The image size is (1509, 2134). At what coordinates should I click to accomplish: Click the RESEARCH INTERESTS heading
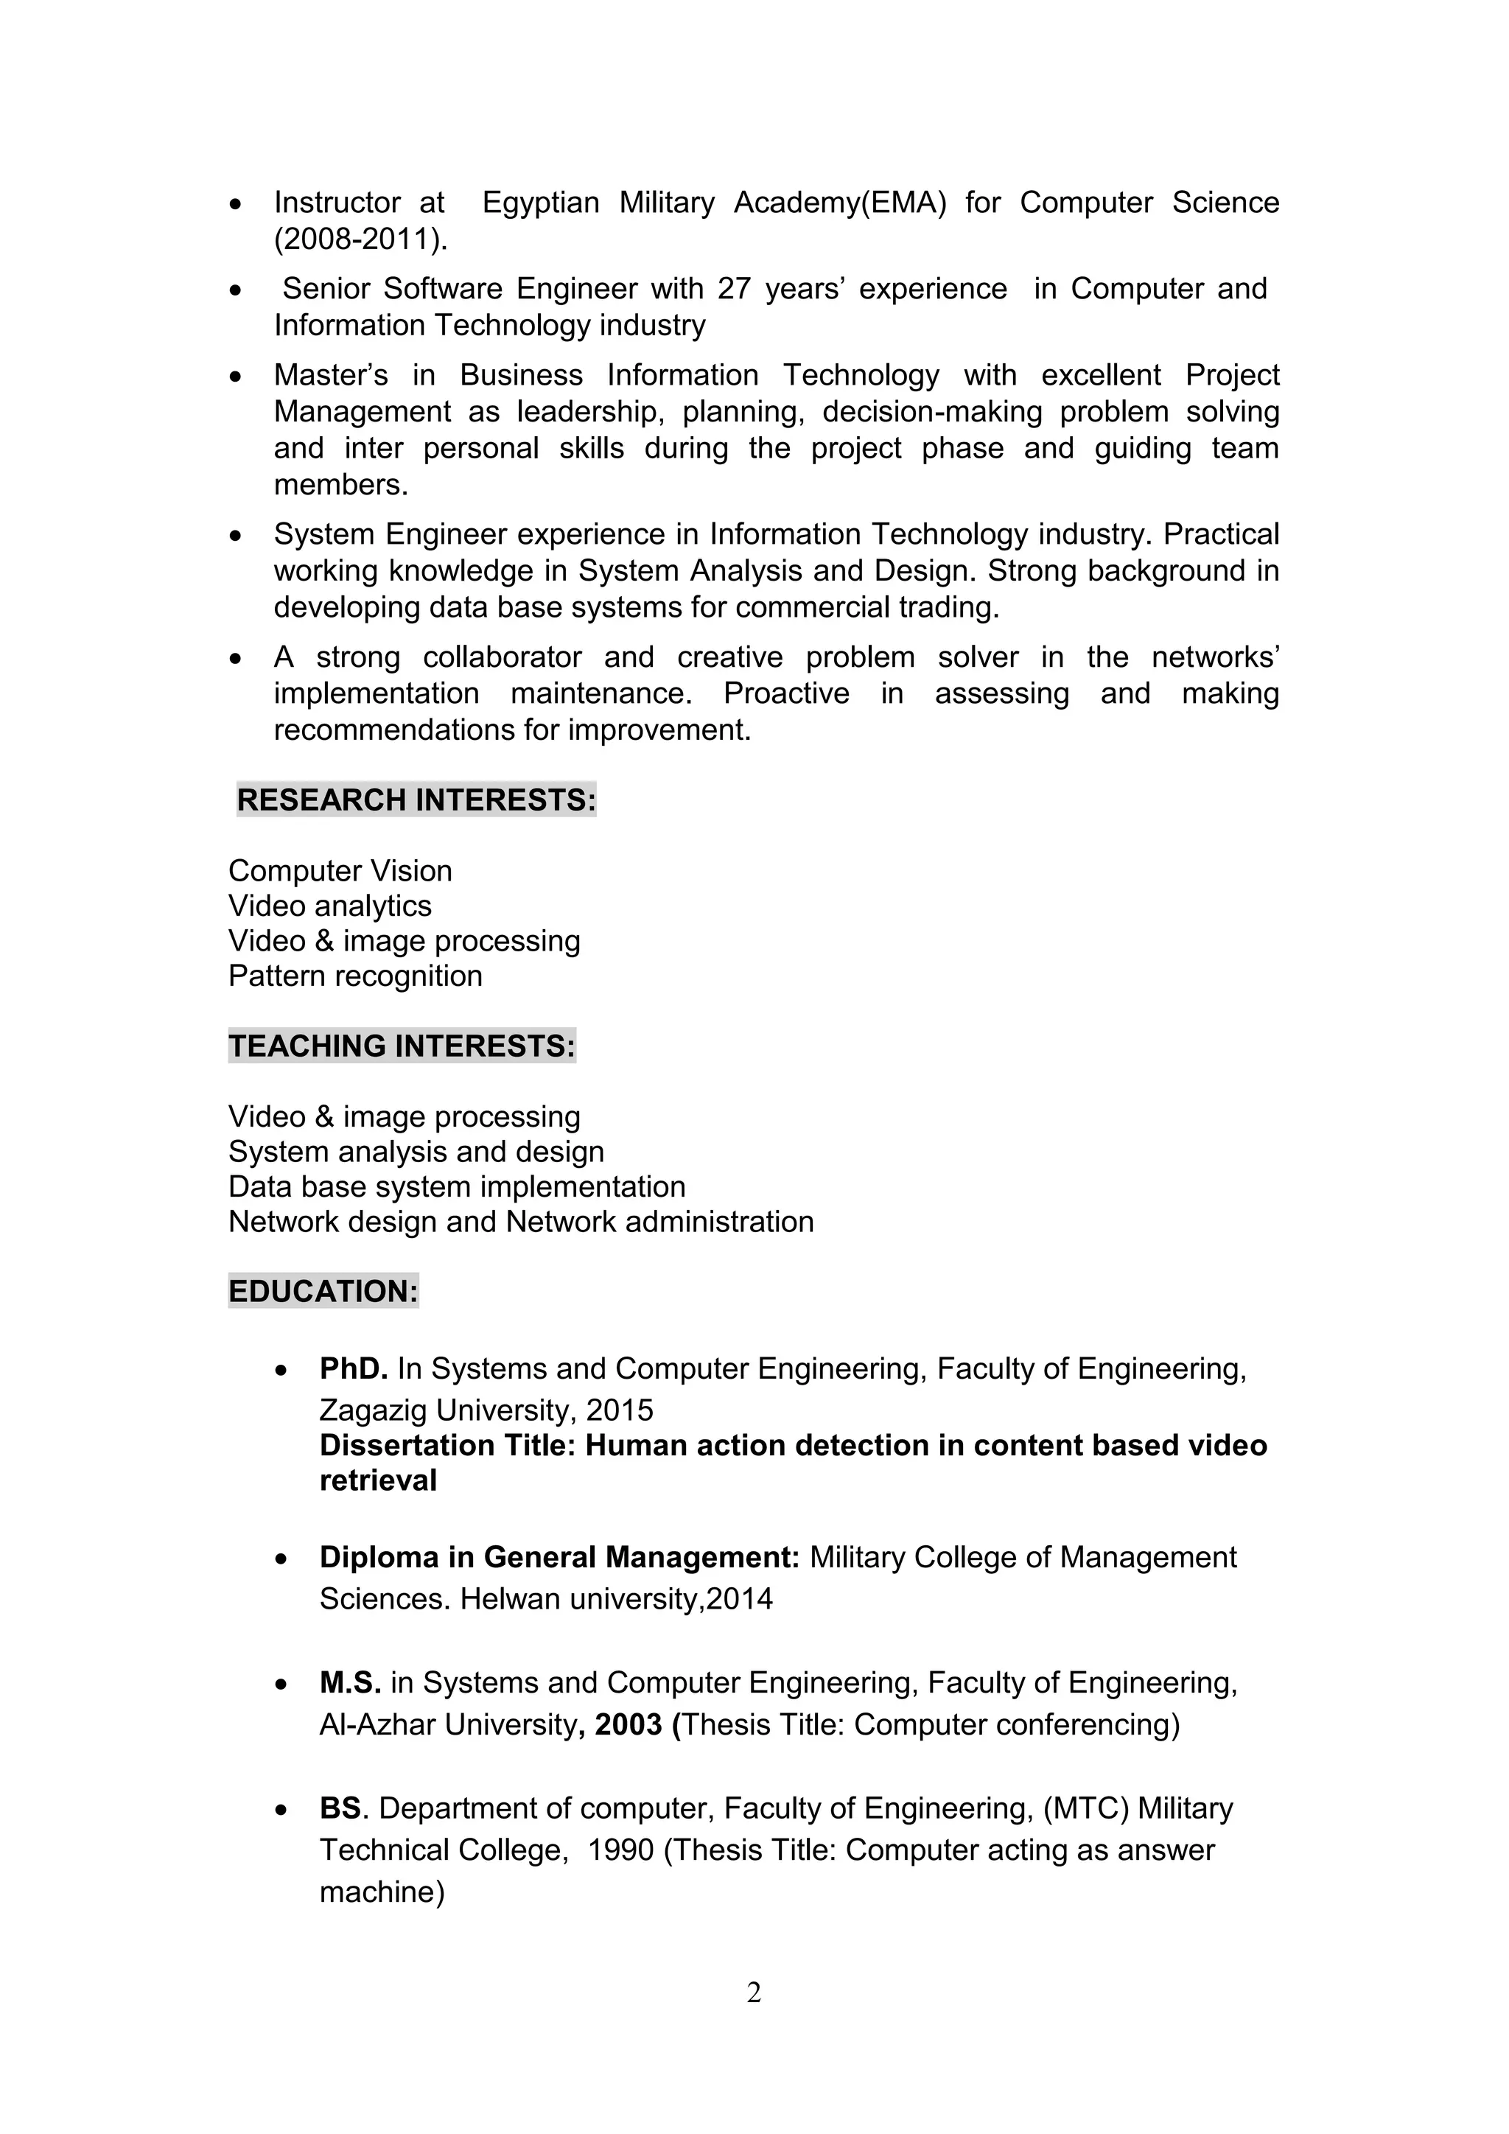pyautogui.click(x=416, y=800)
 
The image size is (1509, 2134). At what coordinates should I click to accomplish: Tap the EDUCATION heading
pyautogui.click(x=323, y=1292)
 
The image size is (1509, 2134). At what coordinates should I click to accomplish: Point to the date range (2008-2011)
pyautogui.click(x=360, y=239)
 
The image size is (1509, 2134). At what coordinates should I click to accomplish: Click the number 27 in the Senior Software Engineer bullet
pyautogui.click(x=733, y=289)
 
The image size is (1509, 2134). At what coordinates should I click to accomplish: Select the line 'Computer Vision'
pyautogui.click(x=340, y=871)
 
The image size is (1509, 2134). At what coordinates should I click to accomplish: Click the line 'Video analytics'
pyautogui.click(x=330, y=906)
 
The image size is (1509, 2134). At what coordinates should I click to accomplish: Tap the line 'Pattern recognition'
pyautogui.click(x=355, y=976)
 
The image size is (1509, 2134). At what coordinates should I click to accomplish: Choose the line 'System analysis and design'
pyautogui.click(x=416, y=1152)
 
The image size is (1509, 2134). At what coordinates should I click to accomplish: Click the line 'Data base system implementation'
pyautogui.click(x=456, y=1187)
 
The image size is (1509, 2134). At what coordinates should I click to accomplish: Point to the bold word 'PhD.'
pyautogui.click(x=353, y=1369)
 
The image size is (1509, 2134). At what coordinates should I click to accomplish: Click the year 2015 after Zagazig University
pyautogui.click(x=620, y=1411)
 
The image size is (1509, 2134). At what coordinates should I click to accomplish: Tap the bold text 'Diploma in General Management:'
pyautogui.click(x=559, y=1557)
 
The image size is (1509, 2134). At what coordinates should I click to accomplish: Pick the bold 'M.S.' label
pyautogui.click(x=350, y=1682)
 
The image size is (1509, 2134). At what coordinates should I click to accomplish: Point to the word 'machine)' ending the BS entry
pyautogui.click(x=382, y=1892)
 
